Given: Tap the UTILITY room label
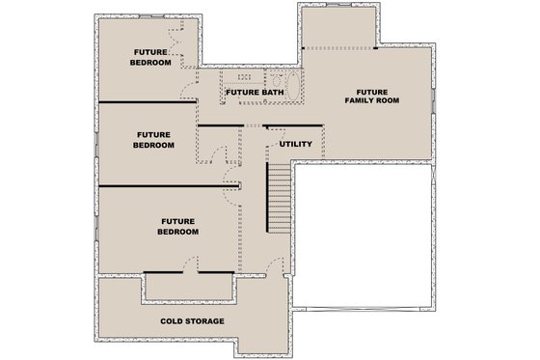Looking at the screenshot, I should (294, 144).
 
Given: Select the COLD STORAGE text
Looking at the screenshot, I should (192, 320).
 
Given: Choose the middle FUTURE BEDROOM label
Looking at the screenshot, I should (155, 140).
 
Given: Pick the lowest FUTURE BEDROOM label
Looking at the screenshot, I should (178, 227).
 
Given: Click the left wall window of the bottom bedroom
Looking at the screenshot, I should (97, 230).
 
